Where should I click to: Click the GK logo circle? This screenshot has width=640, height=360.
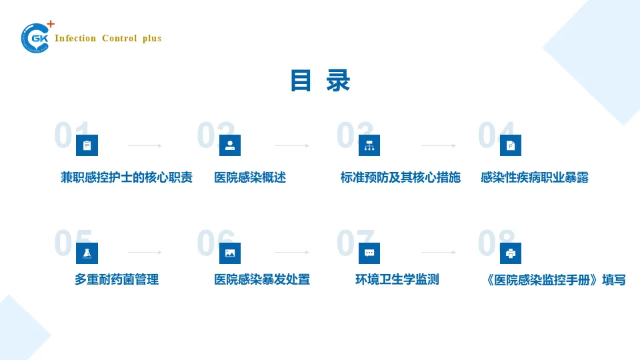click(x=35, y=38)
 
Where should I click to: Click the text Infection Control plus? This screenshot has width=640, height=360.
click(x=108, y=39)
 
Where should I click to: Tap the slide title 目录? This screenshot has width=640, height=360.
click(x=320, y=81)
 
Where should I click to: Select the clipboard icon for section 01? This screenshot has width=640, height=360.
click(x=87, y=145)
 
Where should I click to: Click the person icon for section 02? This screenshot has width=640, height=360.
click(x=230, y=145)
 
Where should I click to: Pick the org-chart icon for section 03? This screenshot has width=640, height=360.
click(x=369, y=145)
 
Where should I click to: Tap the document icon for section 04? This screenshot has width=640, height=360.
click(x=511, y=145)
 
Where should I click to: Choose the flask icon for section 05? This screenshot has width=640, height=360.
click(x=87, y=253)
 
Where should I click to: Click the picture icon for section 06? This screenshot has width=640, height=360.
click(x=230, y=253)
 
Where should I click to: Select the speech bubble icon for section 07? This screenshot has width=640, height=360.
click(x=369, y=253)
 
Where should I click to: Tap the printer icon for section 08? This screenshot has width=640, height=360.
click(x=511, y=253)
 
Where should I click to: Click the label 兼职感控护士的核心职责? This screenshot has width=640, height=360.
click(x=127, y=177)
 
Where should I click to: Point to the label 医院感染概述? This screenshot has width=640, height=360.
click(x=250, y=177)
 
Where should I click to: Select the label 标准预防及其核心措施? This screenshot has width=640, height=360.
click(x=400, y=177)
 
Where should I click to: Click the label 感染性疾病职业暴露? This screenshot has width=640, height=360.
click(x=535, y=177)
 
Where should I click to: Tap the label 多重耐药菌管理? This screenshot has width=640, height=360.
click(x=117, y=279)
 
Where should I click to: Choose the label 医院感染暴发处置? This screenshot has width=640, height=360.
click(x=262, y=279)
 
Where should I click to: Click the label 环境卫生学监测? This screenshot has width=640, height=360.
click(x=397, y=279)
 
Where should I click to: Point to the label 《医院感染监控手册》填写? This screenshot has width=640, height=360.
click(x=556, y=280)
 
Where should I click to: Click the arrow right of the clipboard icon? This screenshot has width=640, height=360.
click(x=145, y=145)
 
